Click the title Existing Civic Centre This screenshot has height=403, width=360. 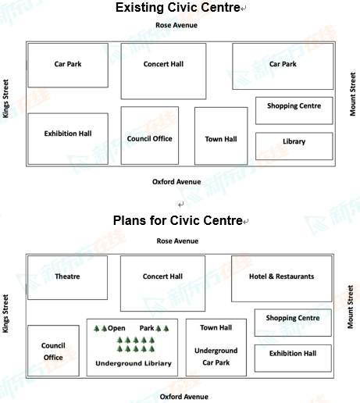pos(178,8)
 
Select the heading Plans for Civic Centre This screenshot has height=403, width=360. pos(178,220)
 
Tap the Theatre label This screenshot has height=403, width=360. pos(67,276)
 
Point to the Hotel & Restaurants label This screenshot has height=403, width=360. pos(282,276)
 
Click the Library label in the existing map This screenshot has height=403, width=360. pos(294,141)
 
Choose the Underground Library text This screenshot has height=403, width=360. pos(134,363)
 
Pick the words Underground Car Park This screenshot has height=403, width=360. pos(216,357)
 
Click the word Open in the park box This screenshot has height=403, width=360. pos(116,328)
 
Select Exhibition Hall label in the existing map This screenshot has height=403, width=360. pos(68,134)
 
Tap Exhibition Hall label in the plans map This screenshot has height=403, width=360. pos(293,353)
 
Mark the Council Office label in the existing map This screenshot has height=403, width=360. pos(150,138)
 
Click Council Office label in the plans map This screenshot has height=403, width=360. pos(53,351)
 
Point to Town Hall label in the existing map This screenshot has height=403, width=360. pos(221,139)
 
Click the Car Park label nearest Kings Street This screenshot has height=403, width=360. pos(68,64)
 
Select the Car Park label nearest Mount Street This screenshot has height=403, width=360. pos(283,64)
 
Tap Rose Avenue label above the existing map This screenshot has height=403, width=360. pos(176,25)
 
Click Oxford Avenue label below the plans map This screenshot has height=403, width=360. pos(184,397)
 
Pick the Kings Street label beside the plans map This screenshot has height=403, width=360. pos(5,313)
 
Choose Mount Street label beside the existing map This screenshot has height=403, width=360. pos(353,94)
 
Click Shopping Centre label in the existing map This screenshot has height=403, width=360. pos(294,105)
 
